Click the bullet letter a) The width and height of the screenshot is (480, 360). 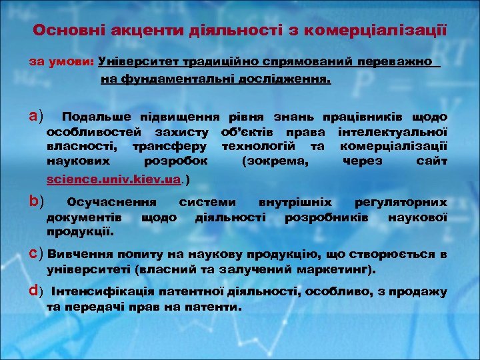36,117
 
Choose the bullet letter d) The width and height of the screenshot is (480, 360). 36,291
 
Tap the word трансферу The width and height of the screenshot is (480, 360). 170,146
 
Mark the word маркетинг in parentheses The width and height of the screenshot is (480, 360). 337,271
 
